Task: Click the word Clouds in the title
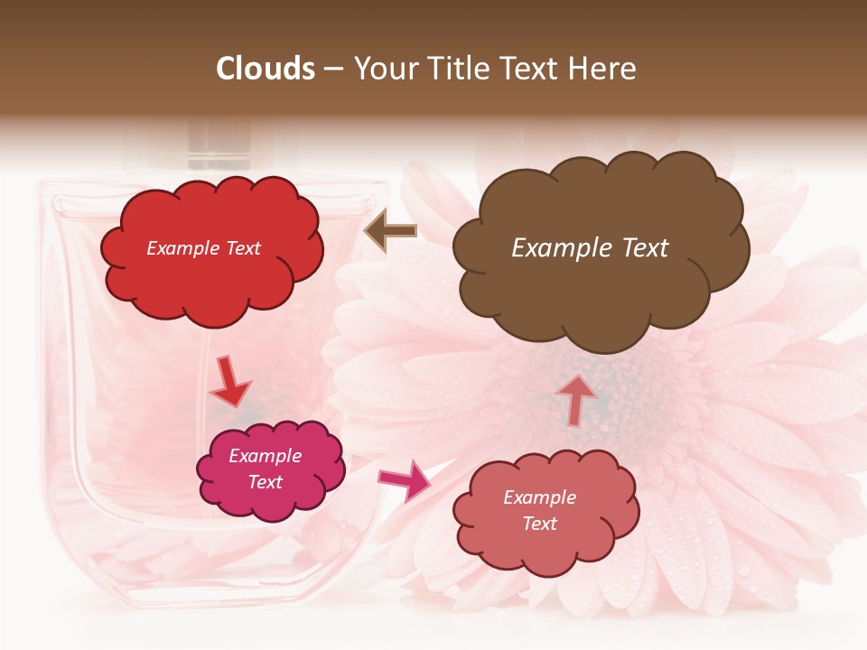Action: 266,69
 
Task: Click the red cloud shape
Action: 211,271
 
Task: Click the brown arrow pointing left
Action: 391,232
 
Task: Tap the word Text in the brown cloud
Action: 638,248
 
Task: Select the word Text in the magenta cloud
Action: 266,482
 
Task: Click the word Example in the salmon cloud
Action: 539,497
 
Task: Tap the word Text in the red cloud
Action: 243,248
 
